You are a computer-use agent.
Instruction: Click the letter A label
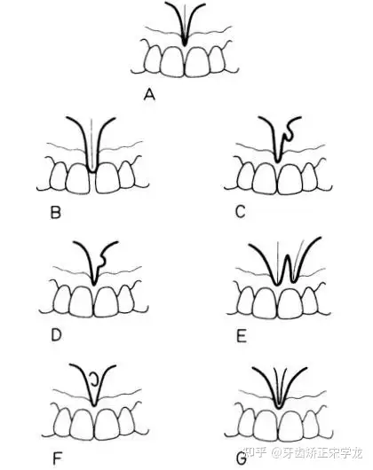pyautogui.click(x=149, y=95)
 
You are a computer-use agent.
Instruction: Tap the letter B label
pyautogui.click(x=56, y=213)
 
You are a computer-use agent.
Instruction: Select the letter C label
pyautogui.click(x=241, y=212)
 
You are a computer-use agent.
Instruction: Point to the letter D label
pyautogui.click(x=56, y=335)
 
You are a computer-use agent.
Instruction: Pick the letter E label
pyautogui.click(x=242, y=336)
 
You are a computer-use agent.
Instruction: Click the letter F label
pyautogui.click(x=57, y=458)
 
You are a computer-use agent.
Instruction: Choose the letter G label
pyautogui.click(x=242, y=458)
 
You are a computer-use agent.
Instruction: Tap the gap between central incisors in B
pyautogui.click(x=92, y=182)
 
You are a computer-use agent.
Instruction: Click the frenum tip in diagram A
pyautogui.click(x=185, y=44)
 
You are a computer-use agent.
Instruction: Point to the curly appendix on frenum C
pyautogui.click(x=289, y=132)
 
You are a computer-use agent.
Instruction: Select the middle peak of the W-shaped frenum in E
pyautogui.click(x=288, y=255)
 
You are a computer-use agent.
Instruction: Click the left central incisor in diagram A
pyautogui.click(x=172, y=61)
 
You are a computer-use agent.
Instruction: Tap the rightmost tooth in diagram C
pyautogui.click(x=309, y=177)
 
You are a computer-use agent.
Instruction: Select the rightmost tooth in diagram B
pyautogui.click(x=126, y=176)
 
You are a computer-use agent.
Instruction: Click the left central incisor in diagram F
pyautogui.click(x=82, y=424)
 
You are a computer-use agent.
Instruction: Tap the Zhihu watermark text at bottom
pyautogui.click(x=303, y=452)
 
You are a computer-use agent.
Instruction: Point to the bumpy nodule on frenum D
pyautogui.click(x=102, y=260)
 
